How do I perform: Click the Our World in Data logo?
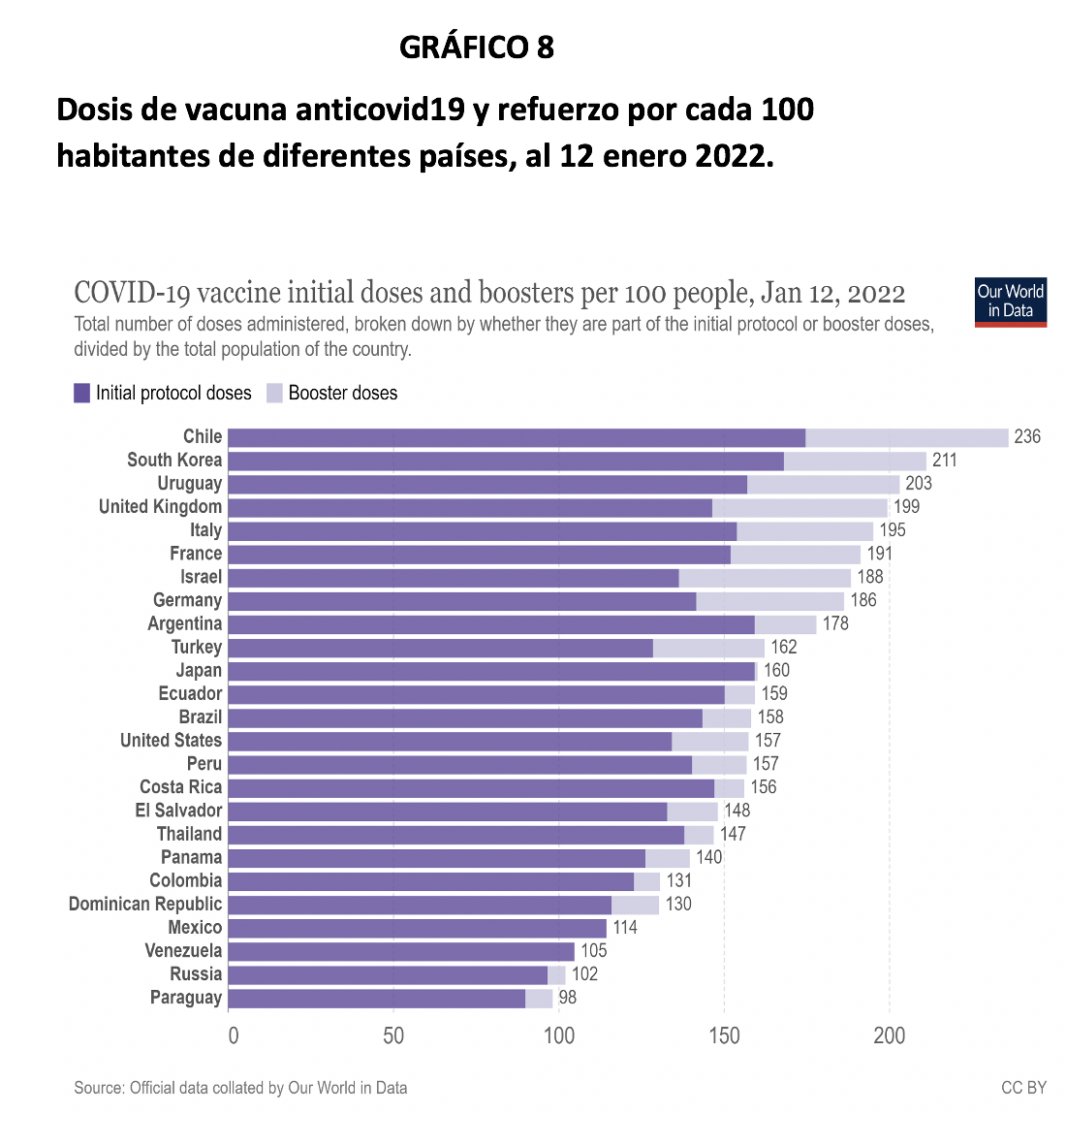coord(1011,302)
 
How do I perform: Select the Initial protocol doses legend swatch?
coord(82,393)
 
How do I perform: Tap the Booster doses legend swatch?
coord(274,393)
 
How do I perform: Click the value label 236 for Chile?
coord(1026,437)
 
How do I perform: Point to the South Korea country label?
coord(174,461)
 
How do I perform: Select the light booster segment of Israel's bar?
coord(765,578)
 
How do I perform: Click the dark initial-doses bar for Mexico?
coord(417,928)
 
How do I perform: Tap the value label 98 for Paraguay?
coord(567,998)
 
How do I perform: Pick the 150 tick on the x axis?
coord(724,1035)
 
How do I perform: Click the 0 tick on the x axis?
coord(233,1035)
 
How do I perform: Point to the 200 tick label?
coord(889,1035)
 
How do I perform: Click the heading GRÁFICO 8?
coord(476,47)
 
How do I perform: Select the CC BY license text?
coord(1023,1088)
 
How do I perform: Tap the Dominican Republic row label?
coord(145,905)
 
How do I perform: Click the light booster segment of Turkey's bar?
coord(708,648)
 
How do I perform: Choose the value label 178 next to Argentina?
coord(834,624)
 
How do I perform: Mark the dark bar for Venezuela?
coord(401,951)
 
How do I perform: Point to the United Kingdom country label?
coord(160,507)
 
